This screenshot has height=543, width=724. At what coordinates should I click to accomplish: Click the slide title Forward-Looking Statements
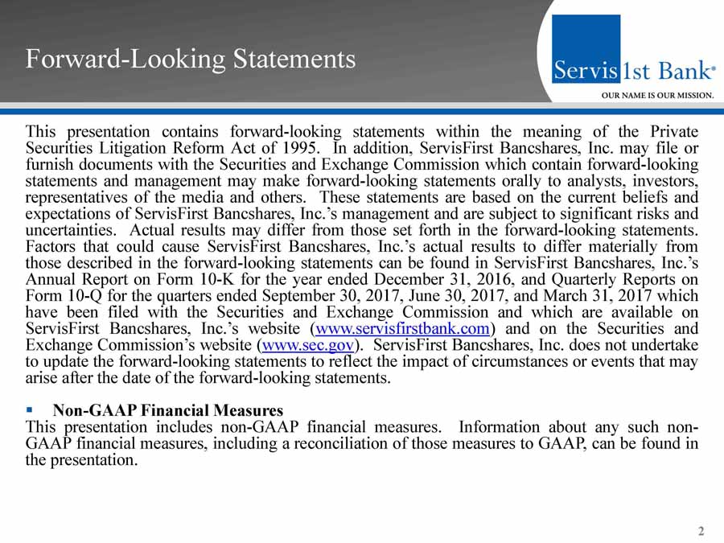pos(190,60)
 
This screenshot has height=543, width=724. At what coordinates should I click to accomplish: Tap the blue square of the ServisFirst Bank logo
pos(586,48)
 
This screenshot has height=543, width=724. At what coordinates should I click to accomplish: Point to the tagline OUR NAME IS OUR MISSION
pos(658,95)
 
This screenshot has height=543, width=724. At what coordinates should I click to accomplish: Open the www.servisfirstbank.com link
pos(403,328)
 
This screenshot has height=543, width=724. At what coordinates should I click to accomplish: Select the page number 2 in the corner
pos(701,531)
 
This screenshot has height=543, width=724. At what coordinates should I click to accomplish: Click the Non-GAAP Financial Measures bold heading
pos(168,411)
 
